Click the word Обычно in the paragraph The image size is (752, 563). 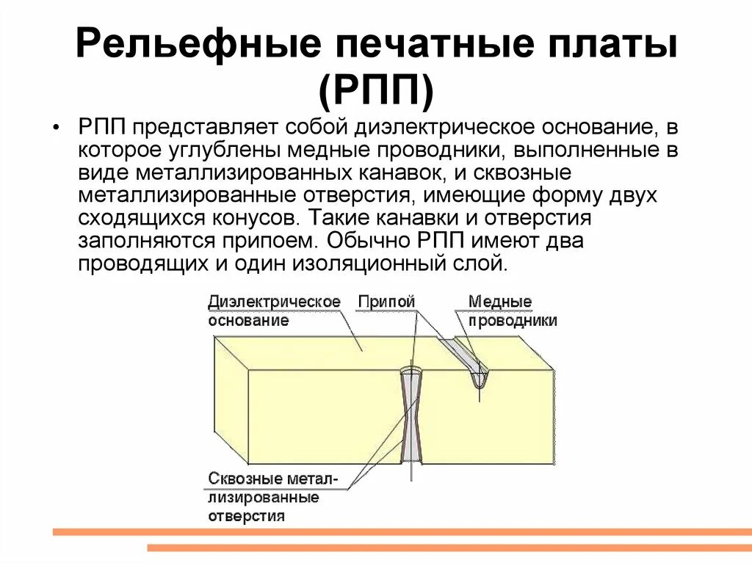point(372,241)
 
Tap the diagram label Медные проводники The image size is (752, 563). point(512,311)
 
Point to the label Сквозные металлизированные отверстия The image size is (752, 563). point(272,497)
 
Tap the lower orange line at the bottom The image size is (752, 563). point(449,547)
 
